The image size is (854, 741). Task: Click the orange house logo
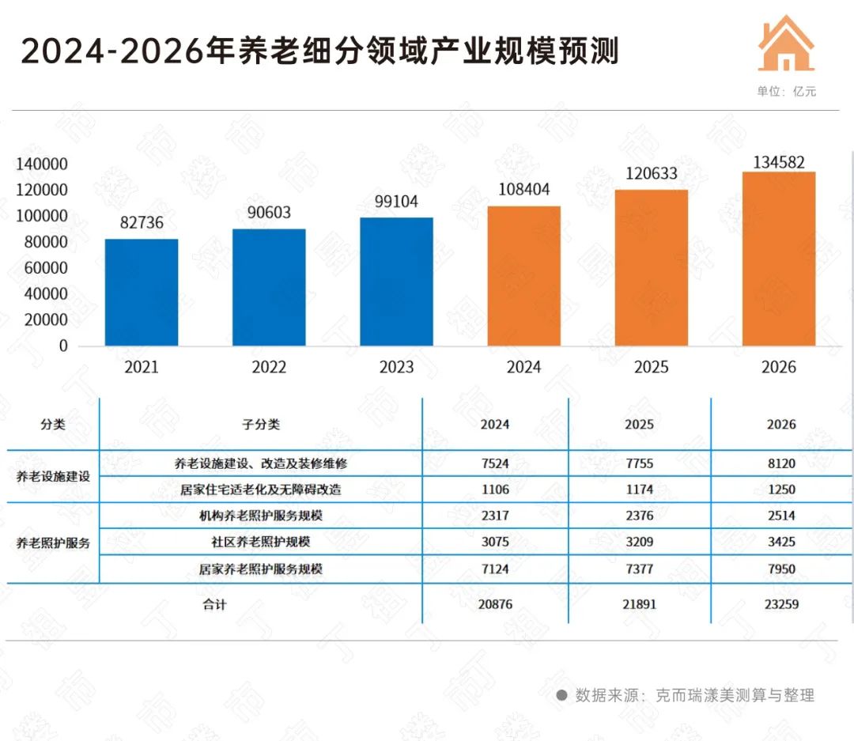coord(786,43)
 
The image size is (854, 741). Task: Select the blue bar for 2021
coord(142,293)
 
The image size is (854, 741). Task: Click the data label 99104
coord(396,202)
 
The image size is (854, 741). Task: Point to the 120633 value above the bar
coord(651,173)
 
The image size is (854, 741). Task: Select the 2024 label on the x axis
coord(523,368)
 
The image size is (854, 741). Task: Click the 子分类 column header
coord(261,425)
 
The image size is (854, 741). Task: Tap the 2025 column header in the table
coord(639,425)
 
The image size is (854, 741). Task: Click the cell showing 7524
coord(495,463)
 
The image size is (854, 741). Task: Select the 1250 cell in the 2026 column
coord(781,490)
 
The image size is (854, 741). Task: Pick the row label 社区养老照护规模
coord(260,543)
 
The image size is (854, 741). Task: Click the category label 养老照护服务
coord(53,543)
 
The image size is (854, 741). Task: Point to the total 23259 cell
coord(781,604)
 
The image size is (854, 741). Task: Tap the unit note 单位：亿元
coord(786,92)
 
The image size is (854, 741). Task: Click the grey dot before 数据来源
coord(562,696)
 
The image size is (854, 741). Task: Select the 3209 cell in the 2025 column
coord(639,543)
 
